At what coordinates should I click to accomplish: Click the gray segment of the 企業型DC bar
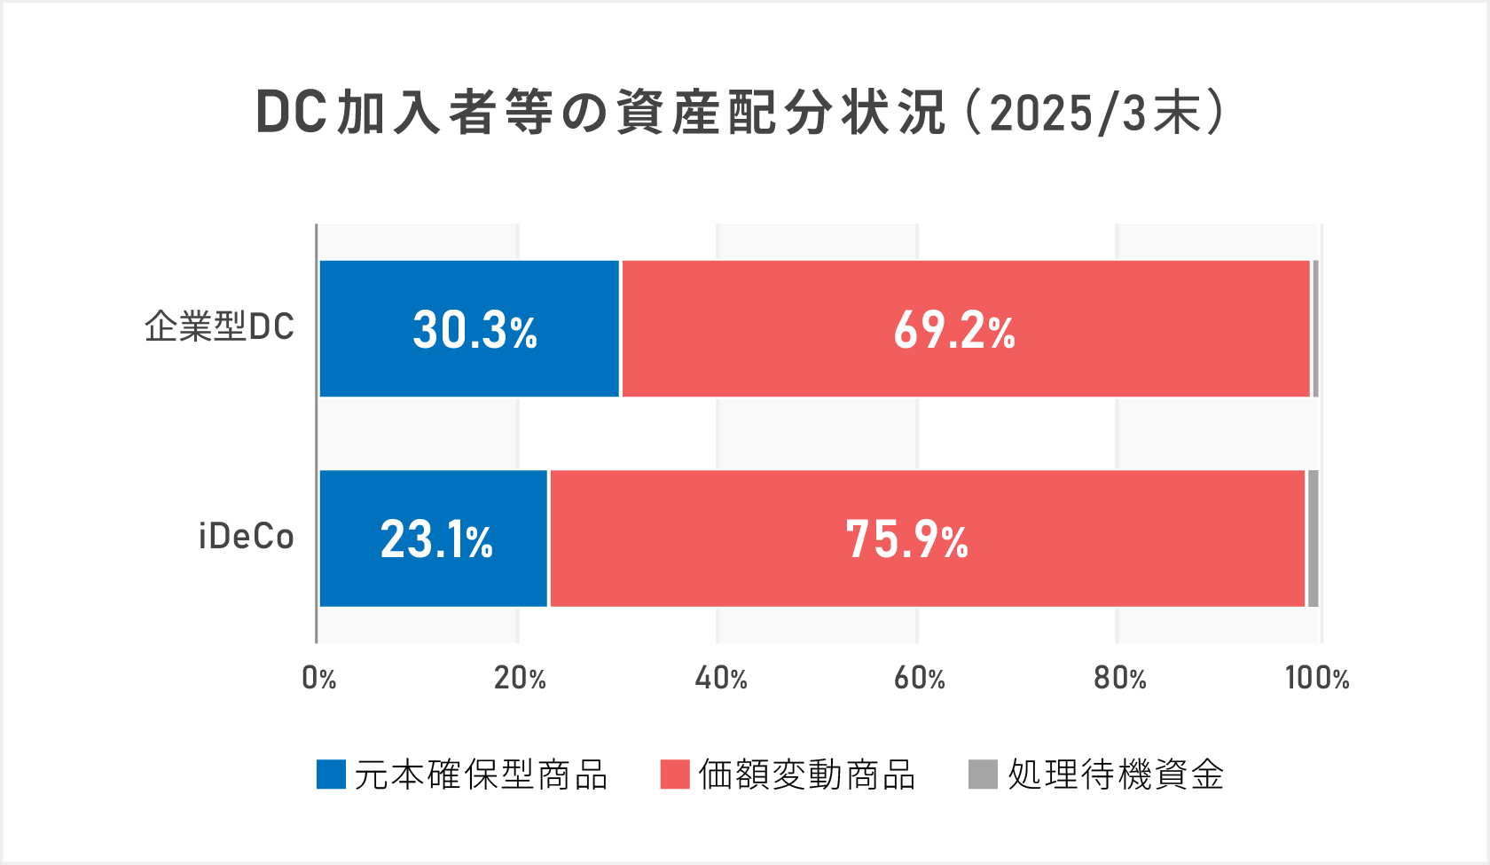pos(1315,328)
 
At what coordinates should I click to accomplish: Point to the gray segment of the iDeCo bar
pos(1313,539)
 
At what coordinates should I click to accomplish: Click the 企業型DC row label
pos(219,327)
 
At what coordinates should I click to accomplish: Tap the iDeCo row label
pos(246,538)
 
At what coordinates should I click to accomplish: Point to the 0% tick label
pos(319,679)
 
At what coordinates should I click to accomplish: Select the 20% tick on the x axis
pos(520,679)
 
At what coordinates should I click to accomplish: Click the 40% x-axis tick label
pos(720,679)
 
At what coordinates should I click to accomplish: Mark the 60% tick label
pos(919,679)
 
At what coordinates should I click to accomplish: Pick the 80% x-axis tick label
pos(1119,679)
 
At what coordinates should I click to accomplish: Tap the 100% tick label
pos(1317,679)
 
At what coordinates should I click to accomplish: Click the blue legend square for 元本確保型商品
pos(331,775)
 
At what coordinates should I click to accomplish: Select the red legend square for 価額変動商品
pos(675,775)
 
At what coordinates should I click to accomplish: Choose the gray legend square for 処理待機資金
pos(983,775)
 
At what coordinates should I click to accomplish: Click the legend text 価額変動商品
pos(806,775)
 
